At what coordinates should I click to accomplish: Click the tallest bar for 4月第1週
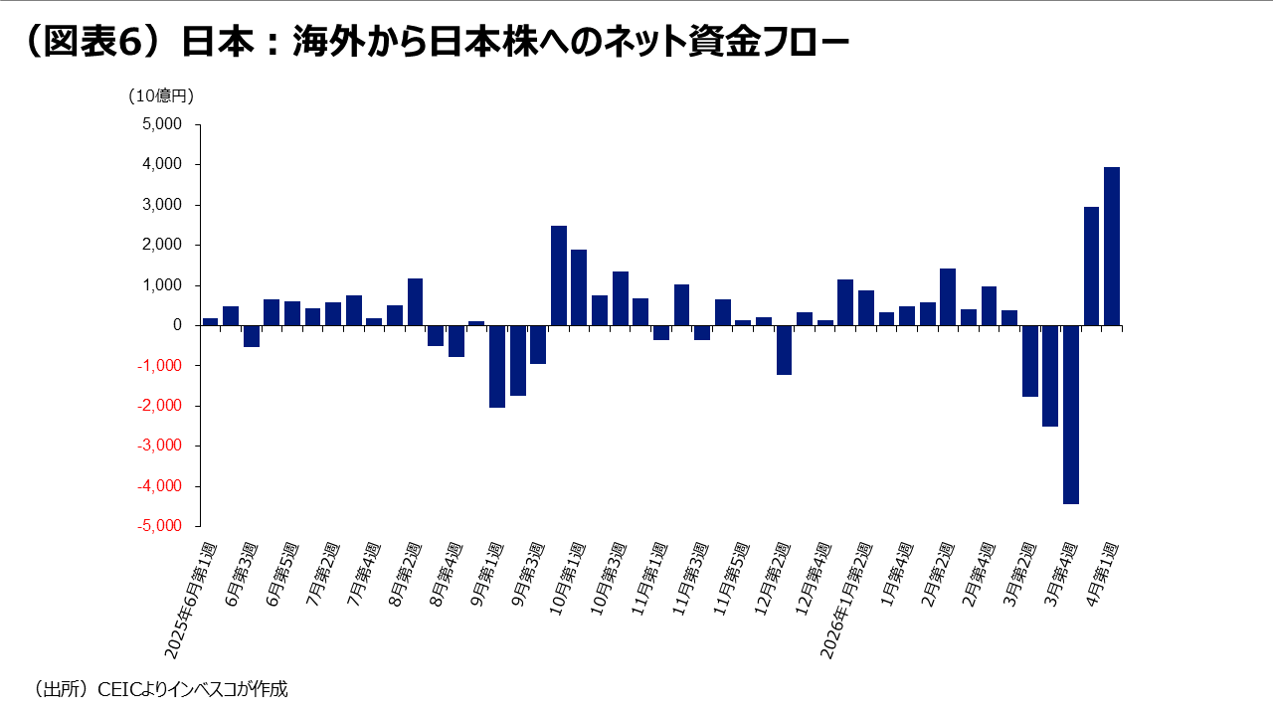(x=1112, y=247)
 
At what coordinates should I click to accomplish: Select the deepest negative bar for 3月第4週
(x=1071, y=415)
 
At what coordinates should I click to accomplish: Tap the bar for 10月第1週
(x=579, y=287)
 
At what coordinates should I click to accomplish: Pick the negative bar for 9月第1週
(x=497, y=366)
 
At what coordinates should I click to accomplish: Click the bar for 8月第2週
(x=415, y=301)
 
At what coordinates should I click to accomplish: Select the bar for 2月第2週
(x=948, y=296)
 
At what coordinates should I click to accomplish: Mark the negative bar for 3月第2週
(x=1029, y=361)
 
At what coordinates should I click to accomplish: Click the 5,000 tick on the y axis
(x=163, y=124)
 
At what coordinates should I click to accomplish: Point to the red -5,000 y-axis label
(x=161, y=526)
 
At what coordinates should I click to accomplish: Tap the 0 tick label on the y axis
(x=177, y=325)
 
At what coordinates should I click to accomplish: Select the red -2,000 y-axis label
(x=161, y=406)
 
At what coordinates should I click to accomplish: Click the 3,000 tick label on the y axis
(x=163, y=205)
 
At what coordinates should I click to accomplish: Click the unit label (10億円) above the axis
(x=161, y=96)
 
